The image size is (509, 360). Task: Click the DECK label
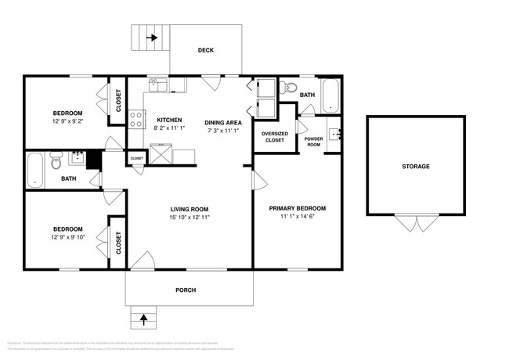coord(206,51)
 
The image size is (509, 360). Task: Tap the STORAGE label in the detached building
coord(416,167)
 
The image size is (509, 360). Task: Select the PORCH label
coord(186,290)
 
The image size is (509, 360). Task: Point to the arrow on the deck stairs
coord(151,36)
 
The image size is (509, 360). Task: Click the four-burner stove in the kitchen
coord(136,119)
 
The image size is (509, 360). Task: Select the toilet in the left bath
coord(56,164)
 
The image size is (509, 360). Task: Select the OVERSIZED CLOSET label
coord(274,136)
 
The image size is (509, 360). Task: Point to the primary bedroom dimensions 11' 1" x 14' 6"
coord(297,218)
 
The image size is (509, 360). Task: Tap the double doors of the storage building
coord(416,223)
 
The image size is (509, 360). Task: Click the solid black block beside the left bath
coord(94,159)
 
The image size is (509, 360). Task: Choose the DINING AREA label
coord(223,123)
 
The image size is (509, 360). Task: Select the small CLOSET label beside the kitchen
coord(136,158)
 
